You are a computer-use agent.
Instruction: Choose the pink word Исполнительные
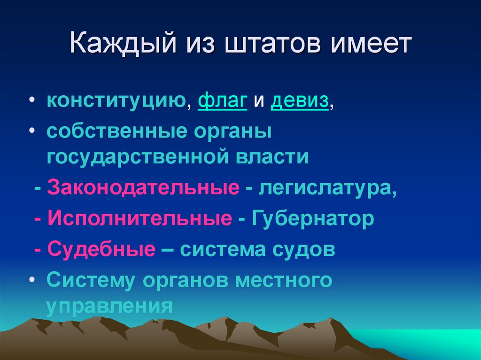click(x=140, y=219)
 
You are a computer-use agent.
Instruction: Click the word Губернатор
click(x=313, y=219)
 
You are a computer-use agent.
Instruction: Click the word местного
click(x=284, y=280)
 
